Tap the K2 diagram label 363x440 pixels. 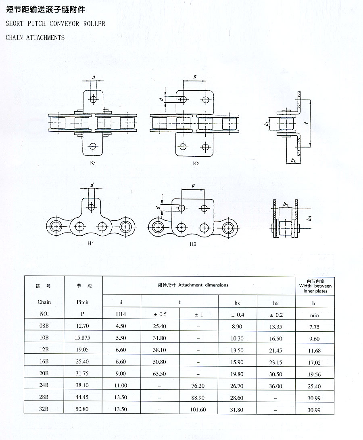[196, 164]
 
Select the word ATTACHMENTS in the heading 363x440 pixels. [45, 37]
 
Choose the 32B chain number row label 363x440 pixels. [44, 409]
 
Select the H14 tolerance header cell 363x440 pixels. [121, 315]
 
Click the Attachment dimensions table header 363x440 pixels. [193, 285]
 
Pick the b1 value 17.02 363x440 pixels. [314, 363]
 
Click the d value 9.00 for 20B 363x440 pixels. [121, 374]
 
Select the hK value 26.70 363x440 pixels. [237, 386]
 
